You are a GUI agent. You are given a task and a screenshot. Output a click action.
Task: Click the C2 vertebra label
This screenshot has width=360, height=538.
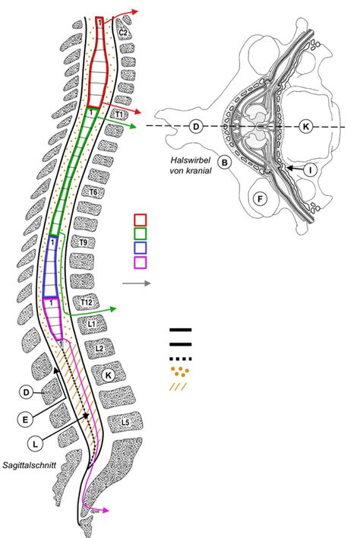124,33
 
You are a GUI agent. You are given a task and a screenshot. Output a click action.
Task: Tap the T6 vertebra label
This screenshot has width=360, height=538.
93,192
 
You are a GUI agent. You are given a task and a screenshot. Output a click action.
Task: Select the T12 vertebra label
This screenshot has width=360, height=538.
86,302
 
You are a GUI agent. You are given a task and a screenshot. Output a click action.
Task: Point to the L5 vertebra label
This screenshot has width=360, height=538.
125,422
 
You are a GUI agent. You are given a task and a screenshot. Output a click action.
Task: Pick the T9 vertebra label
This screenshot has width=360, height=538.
83,242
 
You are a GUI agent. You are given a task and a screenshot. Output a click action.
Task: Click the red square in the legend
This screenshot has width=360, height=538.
141,220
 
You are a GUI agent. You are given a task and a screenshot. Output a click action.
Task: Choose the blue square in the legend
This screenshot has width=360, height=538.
141,248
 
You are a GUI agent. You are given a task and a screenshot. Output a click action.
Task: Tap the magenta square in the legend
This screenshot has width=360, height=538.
141,262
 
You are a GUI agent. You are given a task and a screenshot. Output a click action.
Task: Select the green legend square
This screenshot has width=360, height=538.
141,233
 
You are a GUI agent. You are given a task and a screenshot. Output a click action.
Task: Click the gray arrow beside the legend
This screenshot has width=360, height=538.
137,283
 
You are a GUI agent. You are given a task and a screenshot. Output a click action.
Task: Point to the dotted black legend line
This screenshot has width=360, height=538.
180,359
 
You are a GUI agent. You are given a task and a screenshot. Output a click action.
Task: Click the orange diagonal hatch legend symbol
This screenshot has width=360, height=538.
178,387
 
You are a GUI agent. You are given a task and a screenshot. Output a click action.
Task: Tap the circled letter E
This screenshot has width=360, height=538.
26,419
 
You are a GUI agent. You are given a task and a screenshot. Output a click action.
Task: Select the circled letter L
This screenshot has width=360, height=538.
35,445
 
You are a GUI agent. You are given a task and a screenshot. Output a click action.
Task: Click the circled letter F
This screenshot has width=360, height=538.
261,199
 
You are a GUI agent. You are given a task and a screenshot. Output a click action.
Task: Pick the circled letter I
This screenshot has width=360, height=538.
311,170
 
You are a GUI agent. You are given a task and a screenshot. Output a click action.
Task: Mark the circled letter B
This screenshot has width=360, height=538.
225,162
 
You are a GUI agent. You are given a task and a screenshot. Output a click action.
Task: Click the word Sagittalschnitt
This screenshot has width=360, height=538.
29,466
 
